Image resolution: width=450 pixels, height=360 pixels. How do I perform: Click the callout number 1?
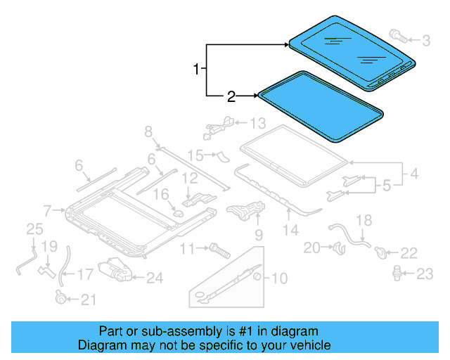(197, 69)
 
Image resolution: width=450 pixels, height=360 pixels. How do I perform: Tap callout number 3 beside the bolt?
(426, 41)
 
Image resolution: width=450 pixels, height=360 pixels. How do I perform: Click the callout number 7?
(47, 210)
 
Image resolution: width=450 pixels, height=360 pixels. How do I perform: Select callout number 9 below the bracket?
(258, 234)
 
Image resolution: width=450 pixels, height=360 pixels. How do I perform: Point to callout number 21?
(88, 300)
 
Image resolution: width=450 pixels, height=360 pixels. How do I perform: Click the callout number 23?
(425, 274)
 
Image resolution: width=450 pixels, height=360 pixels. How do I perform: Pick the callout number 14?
(290, 229)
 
